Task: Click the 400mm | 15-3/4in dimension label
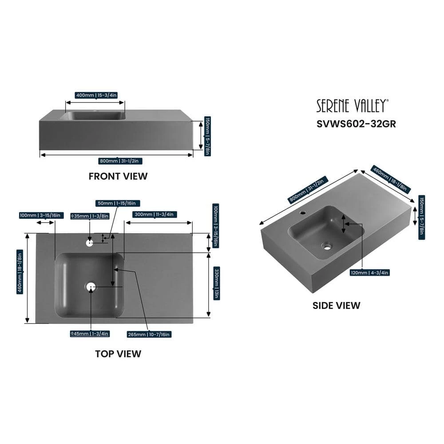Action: pos(96,95)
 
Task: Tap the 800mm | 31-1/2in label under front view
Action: pos(119,161)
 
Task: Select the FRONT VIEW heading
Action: pos(118,176)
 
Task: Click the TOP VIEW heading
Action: pos(118,354)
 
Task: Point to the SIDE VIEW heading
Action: pos(337,305)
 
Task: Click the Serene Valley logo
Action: pos(353,106)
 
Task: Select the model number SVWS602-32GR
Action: pos(356,124)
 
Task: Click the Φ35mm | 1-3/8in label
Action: pos(90,216)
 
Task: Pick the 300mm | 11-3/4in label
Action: pos(154,214)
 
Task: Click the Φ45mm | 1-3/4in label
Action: pos(90,333)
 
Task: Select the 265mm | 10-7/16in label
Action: pos(149,334)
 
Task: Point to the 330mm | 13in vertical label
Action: pos(216,283)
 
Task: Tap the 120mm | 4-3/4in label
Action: pos(369,273)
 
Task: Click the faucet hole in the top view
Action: pos(90,243)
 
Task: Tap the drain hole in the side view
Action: pos(327,246)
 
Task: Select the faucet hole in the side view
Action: pos(303,212)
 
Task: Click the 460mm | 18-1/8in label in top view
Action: pos(20,272)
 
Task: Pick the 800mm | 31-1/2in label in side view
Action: pos(308,189)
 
